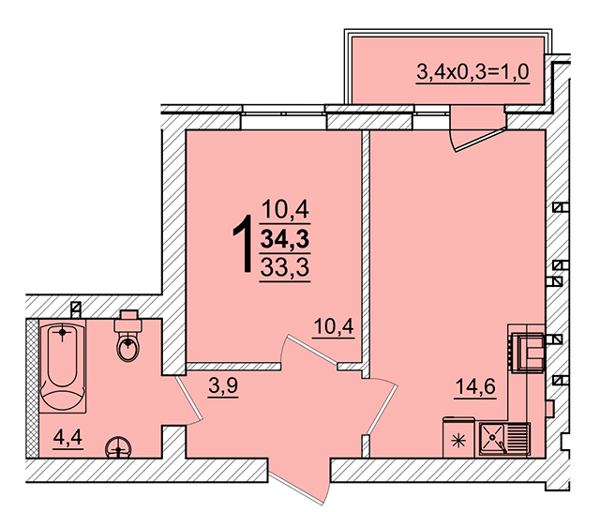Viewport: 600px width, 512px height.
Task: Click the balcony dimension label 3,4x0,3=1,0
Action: [472, 71]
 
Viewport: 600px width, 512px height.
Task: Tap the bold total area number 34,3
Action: [285, 240]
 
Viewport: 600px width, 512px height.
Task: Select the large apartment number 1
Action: [243, 244]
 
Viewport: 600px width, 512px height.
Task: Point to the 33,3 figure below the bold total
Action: [285, 267]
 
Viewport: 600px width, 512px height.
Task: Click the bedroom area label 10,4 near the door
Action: [334, 326]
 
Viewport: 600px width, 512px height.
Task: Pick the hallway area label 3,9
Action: [223, 385]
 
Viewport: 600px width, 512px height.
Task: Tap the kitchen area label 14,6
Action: [475, 386]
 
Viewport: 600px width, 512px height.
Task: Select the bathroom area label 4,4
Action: [67, 437]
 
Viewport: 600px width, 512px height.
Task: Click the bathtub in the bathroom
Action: [63, 367]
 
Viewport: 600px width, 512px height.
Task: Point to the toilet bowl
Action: [127, 347]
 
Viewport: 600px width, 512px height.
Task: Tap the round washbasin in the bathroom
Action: [119, 447]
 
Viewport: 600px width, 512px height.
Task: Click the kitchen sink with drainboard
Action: [504, 439]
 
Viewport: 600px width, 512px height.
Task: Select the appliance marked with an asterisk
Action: [458, 438]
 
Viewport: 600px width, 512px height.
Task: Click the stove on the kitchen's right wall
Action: [528, 352]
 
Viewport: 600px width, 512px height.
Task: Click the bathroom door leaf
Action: [188, 398]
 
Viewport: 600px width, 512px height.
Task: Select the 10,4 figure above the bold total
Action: [285, 210]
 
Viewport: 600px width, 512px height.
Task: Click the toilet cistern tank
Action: [128, 321]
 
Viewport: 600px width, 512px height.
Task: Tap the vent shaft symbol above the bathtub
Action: [76, 309]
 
